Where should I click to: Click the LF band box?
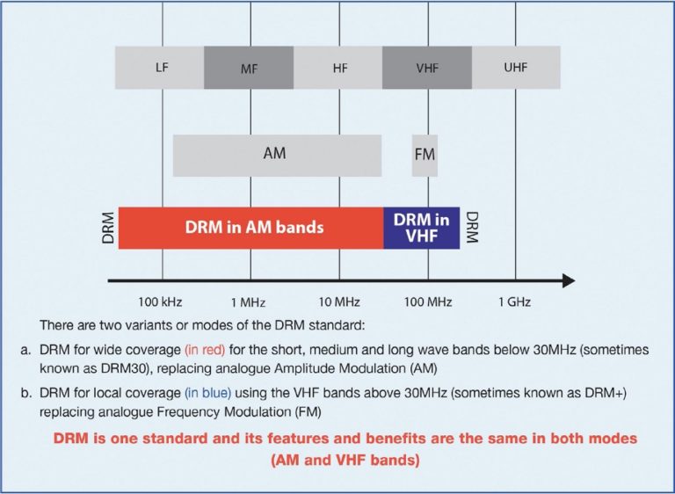[160, 68]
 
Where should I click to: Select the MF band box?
[250, 68]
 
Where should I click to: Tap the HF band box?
[338, 68]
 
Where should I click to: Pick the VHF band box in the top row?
[427, 68]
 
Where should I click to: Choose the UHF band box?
[516, 68]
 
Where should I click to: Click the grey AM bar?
[276, 155]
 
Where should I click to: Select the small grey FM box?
[425, 156]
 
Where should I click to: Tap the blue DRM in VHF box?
[422, 228]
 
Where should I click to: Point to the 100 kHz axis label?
[162, 301]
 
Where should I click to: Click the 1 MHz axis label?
[250, 301]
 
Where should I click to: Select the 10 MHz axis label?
[338, 301]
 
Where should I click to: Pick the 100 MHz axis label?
[428, 301]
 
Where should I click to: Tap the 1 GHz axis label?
[514, 301]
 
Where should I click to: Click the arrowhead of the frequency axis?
[568, 281]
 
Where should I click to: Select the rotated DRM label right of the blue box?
[472, 228]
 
